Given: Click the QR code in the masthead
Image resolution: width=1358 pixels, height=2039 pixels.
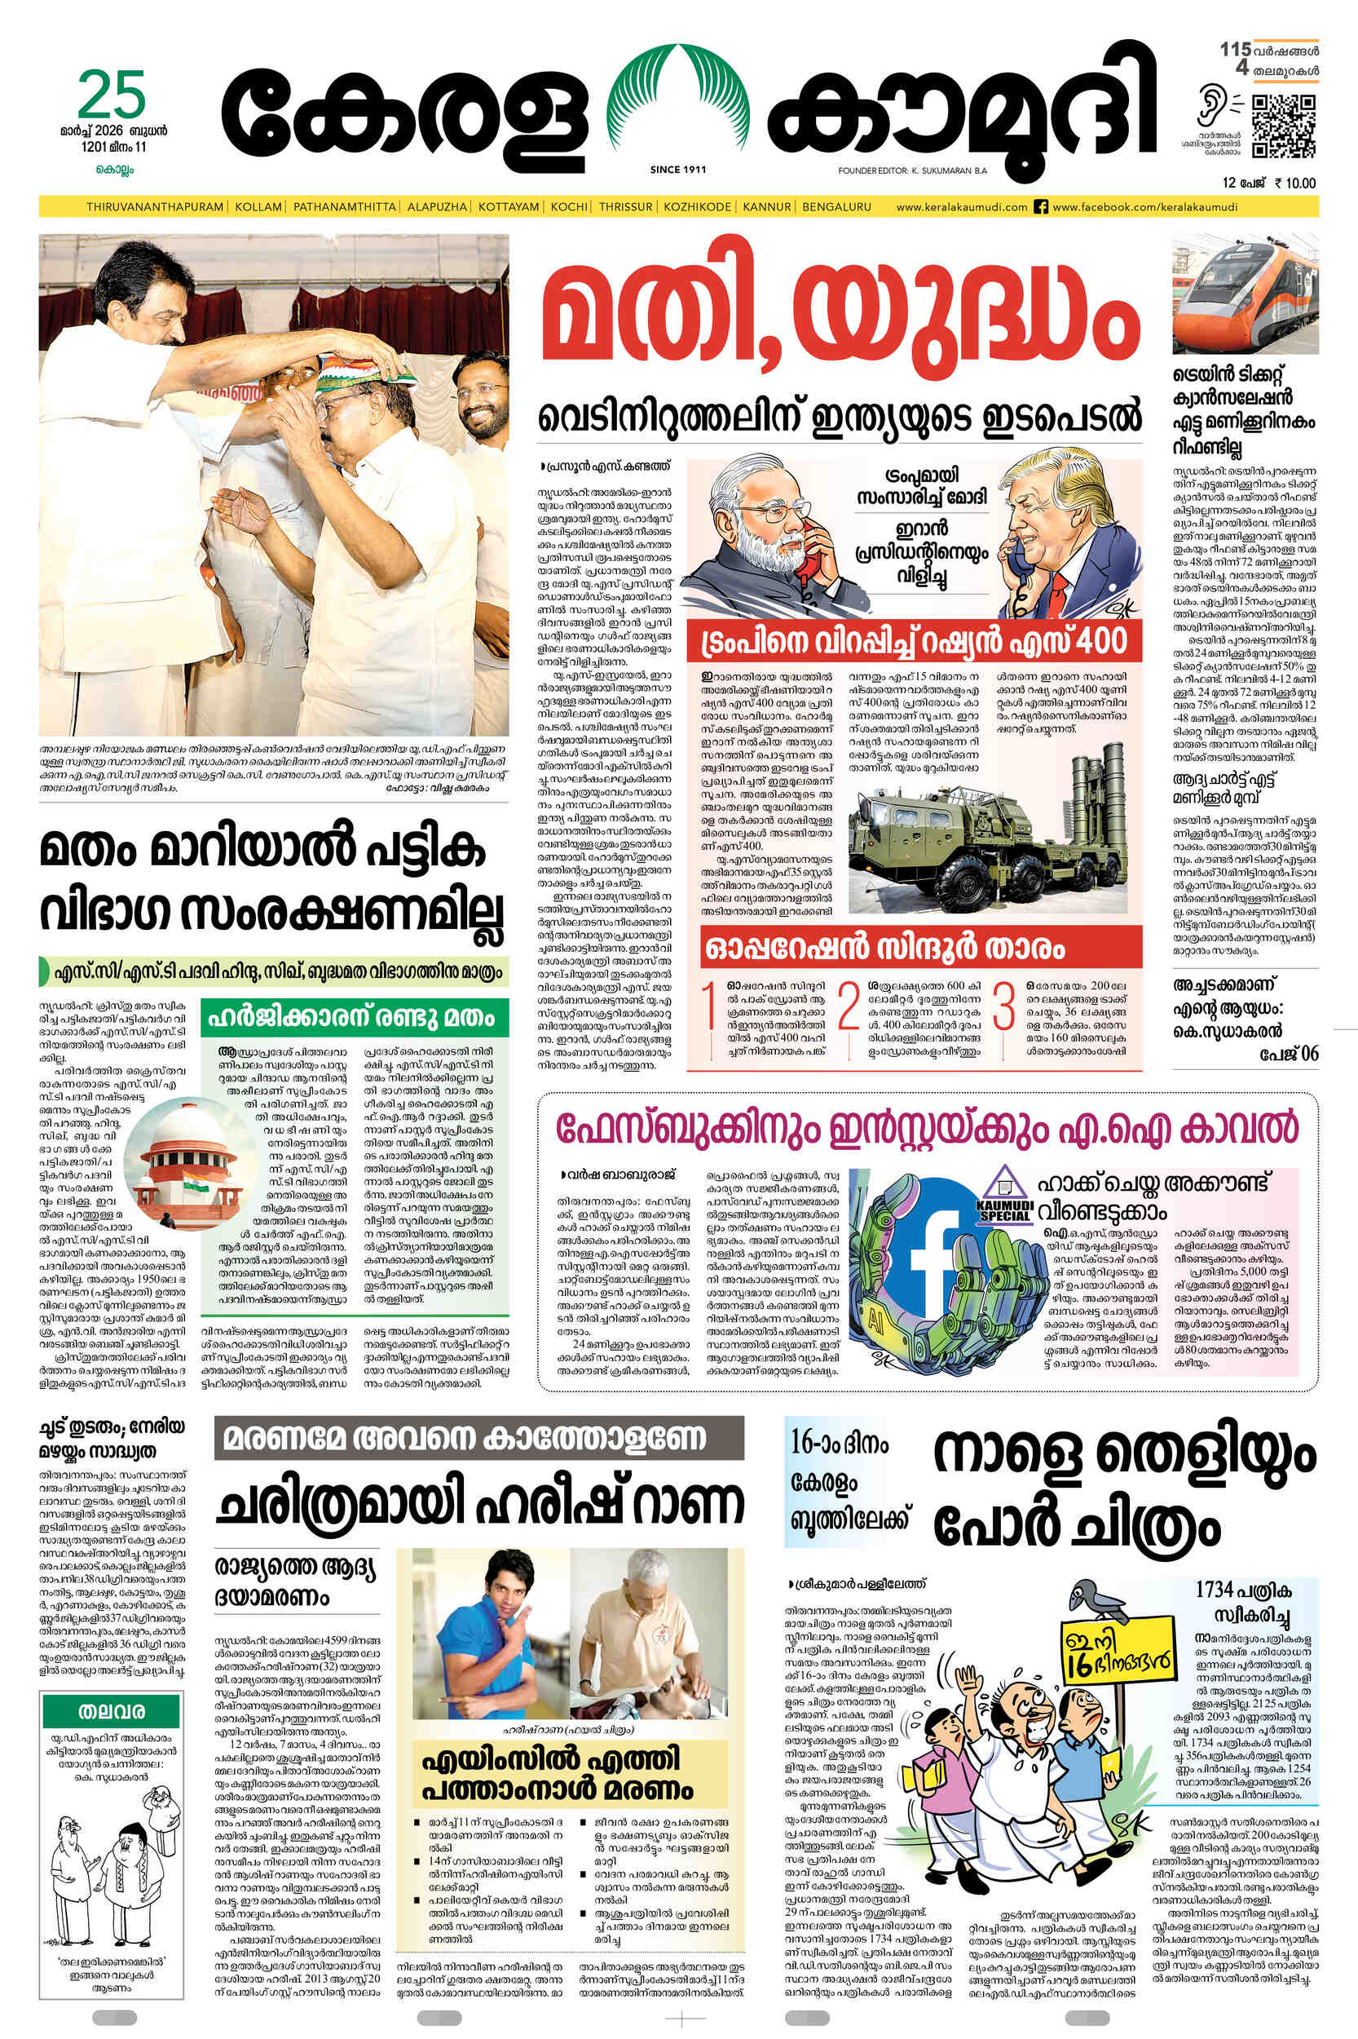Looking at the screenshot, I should pos(1283,126).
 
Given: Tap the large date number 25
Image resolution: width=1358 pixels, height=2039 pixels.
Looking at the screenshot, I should pos(112,96).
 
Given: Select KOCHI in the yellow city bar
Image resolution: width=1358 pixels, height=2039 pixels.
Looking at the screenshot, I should pos(569,207).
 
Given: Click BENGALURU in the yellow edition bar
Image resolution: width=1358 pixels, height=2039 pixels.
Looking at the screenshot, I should pos(836,207).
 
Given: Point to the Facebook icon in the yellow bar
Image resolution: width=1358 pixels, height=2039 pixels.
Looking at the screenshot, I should pos(1041,207).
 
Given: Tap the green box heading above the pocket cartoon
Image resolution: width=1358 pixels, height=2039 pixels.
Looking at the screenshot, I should pos(112,1711).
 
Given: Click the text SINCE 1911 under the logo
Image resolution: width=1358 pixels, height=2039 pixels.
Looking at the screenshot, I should pos(677,170).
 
